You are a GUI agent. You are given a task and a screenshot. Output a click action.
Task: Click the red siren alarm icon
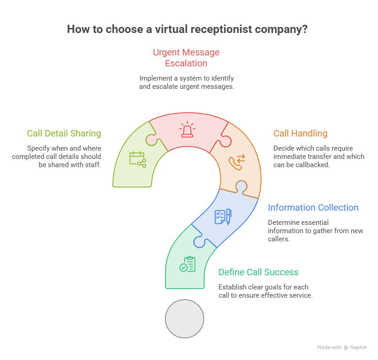(x=187, y=130)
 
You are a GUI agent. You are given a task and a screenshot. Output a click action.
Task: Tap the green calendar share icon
(x=137, y=159)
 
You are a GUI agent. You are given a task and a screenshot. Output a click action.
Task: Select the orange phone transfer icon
(x=237, y=162)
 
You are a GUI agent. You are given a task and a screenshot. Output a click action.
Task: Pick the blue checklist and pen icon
(x=223, y=217)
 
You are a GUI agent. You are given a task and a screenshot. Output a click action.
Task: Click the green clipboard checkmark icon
(x=187, y=264)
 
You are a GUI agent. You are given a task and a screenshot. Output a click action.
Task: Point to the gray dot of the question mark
(x=185, y=319)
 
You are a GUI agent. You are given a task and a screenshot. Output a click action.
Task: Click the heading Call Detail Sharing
(x=64, y=133)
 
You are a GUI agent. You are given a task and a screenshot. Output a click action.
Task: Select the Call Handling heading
(x=301, y=133)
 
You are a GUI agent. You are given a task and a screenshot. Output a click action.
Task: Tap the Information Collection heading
(x=313, y=207)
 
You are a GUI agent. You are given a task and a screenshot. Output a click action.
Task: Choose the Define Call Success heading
(x=258, y=272)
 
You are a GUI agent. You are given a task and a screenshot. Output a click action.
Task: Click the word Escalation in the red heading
(x=186, y=63)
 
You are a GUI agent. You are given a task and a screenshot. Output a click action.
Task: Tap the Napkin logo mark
(x=346, y=347)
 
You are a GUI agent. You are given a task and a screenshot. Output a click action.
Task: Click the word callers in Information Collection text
(x=278, y=239)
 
